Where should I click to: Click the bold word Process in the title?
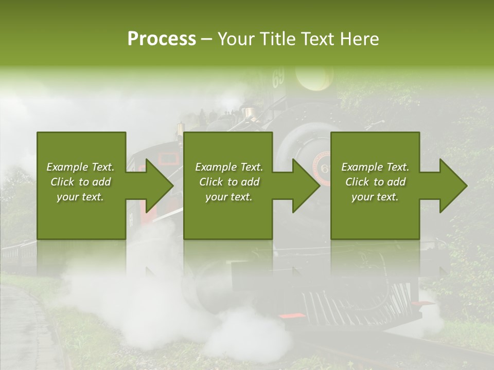click(x=162, y=39)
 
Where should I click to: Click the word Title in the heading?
click(x=279, y=39)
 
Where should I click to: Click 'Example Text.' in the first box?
click(x=80, y=167)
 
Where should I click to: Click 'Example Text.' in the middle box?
click(x=229, y=167)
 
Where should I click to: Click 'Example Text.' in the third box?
click(x=375, y=167)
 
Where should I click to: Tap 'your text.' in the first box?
click(x=80, y=197)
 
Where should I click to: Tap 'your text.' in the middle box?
click(x=229, y=197)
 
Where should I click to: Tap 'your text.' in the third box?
click(x=375, y=197)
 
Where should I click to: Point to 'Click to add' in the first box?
click(x=80, y=182)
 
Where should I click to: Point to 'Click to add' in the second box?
click(x=229, y=182)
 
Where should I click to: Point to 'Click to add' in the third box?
click(x=375, y=182)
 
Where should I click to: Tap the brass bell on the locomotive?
click(x=250, y=112)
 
